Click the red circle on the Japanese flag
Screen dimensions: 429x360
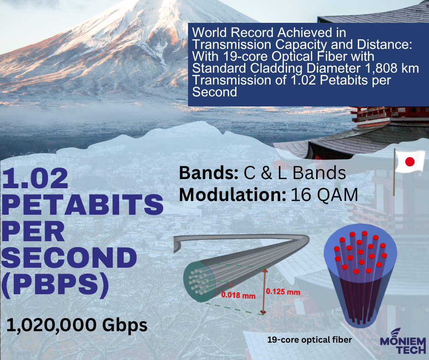tap(409, 162)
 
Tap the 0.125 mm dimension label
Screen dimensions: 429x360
tap(283, 292)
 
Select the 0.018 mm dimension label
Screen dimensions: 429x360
tap(238, 295)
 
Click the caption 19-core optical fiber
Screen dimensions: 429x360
tap(309, 340)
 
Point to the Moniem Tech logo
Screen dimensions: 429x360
tap(403, 341)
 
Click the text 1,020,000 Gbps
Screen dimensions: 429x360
tap(77, 325)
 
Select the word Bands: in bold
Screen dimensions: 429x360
tap(209, 173)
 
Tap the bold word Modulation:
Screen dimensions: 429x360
tap(233, 195)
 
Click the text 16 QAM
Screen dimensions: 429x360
tap(324, 195)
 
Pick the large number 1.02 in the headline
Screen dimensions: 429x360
tap(35, 178)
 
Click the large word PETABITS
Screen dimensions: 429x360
tap(83, 204)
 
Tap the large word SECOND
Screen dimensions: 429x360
tap(69, 257)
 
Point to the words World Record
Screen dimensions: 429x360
tap(234, 32)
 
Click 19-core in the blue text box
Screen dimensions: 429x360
tap(246, 57)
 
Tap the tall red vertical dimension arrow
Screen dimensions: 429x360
tap(264, 291)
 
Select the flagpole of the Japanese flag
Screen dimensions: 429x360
tap(394, 172)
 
